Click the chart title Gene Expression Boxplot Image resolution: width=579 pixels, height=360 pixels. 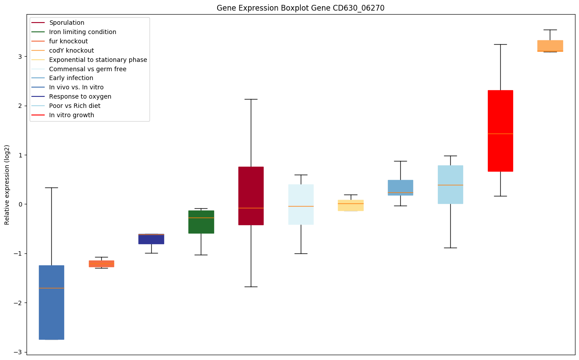tap(300, 8)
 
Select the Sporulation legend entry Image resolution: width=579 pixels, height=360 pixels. tap(67, 23)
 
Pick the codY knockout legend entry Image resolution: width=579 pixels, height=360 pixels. tap(71, 50)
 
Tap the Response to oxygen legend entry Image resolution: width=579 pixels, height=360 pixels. tap(80, 96)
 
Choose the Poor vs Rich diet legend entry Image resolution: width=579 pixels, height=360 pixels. tap(74, 106)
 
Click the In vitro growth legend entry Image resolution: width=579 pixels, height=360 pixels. tap(72, 115)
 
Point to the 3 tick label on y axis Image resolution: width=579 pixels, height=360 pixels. tap(20, 57)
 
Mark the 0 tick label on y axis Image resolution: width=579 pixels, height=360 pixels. tap(20, 204)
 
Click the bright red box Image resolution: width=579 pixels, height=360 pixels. tap(500, 130)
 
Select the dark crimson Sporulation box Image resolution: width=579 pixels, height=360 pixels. tap(251, 195)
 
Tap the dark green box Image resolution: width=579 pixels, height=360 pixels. tap(201, 222)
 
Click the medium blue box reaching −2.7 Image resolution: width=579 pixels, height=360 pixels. tap(51, 302)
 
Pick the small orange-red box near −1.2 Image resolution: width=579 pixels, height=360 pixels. tap(101, 264)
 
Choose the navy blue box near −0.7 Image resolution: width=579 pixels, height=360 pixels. tap(151, 239)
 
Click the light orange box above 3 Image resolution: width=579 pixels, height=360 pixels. tap(550, 46)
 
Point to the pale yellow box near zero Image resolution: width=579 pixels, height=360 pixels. tap(351, 205)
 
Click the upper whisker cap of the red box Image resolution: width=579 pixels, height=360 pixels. tap(500, 44)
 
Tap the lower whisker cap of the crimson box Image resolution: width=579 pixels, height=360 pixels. tap(251, 287)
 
